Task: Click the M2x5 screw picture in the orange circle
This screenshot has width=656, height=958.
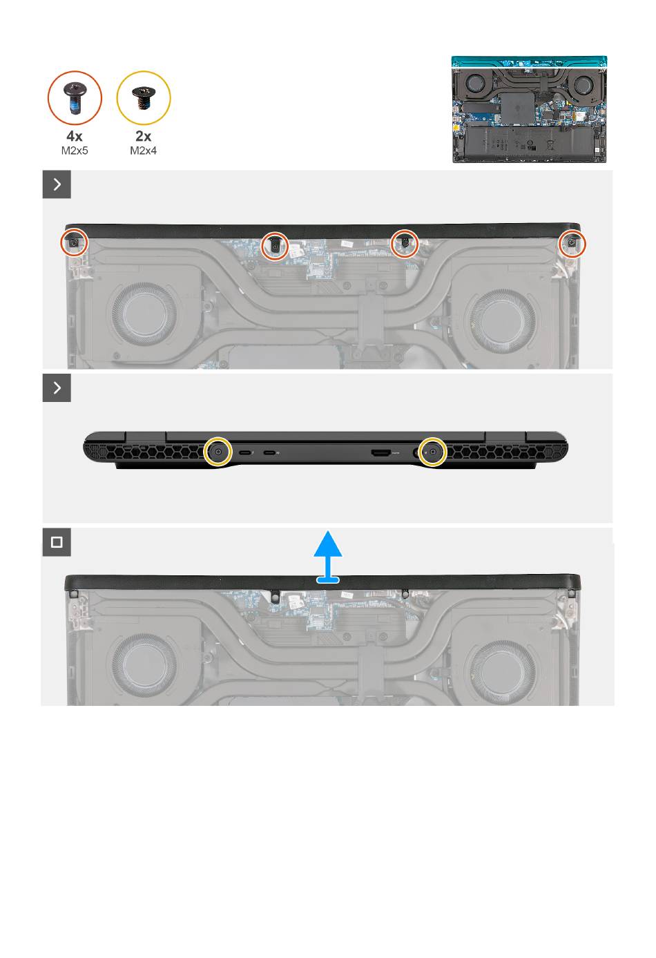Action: coord(75,98)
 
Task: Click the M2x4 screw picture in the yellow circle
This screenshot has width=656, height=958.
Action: coord(144,98)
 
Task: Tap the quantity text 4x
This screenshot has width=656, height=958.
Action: coord(75,136)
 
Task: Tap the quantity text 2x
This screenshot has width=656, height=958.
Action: coord(143,136)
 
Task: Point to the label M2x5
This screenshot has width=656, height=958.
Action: coord(75,151)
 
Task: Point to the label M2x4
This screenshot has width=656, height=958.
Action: coord(143,151)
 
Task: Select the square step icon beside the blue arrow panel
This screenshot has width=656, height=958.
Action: coord(57,542)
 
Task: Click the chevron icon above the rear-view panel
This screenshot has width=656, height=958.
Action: coord(57,388)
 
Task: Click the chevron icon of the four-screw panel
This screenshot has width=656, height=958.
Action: coord(57,184)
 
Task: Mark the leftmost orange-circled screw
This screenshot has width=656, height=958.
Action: coord(75,243)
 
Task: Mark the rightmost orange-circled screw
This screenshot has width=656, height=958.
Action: coord(572,244)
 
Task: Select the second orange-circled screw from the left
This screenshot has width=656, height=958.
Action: coord(275,245)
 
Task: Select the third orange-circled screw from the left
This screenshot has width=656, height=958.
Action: coord(405,244)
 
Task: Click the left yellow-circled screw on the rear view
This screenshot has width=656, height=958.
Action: coord(218,451)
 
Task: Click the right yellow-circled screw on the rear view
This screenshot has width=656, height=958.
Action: coord(432,451)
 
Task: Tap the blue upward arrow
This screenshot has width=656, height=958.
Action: coord(328,557)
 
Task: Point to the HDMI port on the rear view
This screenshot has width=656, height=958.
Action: coord(380,452)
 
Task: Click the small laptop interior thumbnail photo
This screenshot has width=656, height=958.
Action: coord(530,109)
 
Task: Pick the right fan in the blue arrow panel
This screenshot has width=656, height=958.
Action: coord(503,672)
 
